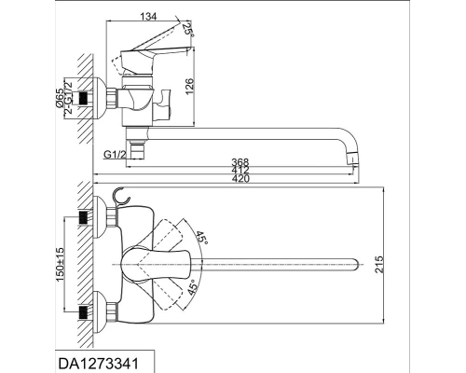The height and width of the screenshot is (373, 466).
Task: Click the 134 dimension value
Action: [148, 16]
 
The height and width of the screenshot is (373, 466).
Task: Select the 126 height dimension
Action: [189, 87]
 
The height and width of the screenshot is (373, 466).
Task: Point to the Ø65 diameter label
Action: [60, 98]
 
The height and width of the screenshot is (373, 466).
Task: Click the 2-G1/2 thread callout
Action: [68, 97]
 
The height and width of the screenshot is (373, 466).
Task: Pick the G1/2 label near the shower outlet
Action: [114, 155]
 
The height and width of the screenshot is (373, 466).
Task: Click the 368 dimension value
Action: [240, 162]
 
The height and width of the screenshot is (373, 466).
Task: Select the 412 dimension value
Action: [240, 170]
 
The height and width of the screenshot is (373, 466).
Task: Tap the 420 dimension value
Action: [240, 178]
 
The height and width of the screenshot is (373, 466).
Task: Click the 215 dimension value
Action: [379, 264]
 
